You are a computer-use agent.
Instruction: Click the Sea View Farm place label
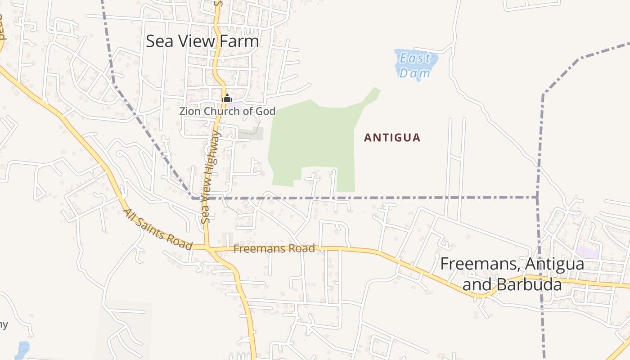point(202,41)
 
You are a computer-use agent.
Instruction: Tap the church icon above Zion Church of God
point(227,98)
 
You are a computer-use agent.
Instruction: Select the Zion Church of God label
point(227,111)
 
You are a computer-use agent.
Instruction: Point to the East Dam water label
point(415,65)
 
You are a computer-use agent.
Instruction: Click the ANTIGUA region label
point(392,138)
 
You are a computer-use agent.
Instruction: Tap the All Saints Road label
point(158,229)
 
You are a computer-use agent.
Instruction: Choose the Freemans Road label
point(274,248)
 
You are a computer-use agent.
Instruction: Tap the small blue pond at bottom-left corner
point(22,350)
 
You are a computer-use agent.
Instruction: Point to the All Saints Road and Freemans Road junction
point(207,247)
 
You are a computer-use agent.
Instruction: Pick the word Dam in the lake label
point(415,72)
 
